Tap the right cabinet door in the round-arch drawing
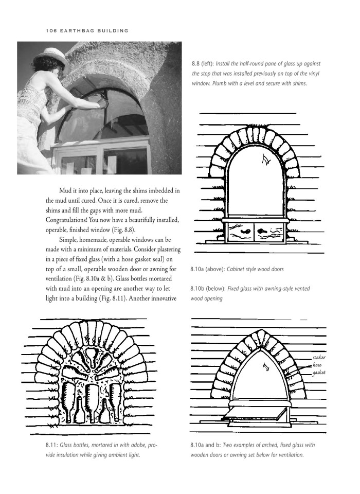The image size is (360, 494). tap(265, 232)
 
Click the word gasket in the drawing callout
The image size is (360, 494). tap(319, 372)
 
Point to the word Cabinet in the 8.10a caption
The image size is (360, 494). tap(244, 269)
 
